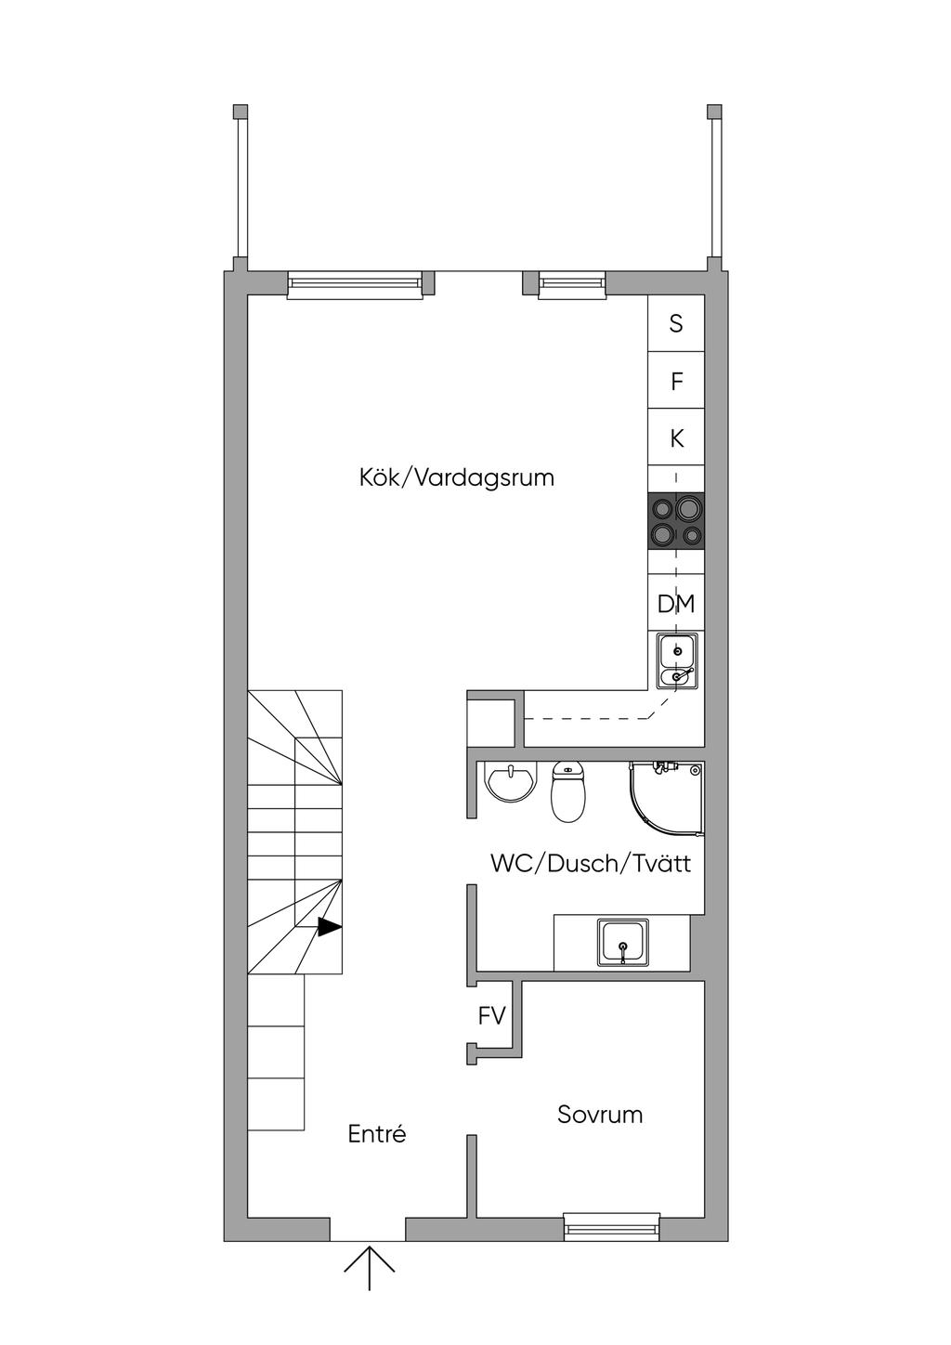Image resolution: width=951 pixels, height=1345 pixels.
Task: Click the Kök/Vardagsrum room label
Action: click(x=456, y=478)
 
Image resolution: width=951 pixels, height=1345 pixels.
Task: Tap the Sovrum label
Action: click(x=600, y=1115)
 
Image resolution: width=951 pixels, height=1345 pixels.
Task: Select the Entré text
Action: click(x=377, y=1133)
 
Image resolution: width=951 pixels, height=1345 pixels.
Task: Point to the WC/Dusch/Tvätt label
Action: click(x=591, y=864)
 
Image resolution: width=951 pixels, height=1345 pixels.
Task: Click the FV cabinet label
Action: click(x=491, y=1016)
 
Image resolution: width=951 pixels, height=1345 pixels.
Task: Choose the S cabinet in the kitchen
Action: click(x=676, y=323)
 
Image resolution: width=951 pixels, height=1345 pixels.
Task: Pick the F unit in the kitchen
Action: click(x=676, y=381)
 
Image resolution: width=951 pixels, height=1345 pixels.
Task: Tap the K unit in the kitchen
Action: click(x=676, y=438)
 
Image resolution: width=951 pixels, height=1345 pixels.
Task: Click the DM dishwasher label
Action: click(x=676, y=604)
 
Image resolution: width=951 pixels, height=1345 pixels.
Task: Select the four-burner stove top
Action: click(x=676, y=521)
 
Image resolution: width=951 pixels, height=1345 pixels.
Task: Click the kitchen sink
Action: click(x=677, y=660)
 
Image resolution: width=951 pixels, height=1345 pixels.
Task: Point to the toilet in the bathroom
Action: click(x=567, y=791)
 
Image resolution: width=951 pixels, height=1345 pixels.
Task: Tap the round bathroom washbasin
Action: click(x=510, y=783)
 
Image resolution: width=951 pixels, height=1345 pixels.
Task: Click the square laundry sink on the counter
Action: click(x=623, y=942)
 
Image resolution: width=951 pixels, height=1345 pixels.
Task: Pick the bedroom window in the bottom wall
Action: click(x=612, y=1227)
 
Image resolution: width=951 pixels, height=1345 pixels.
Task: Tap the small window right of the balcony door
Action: click(x=571, y=284)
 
